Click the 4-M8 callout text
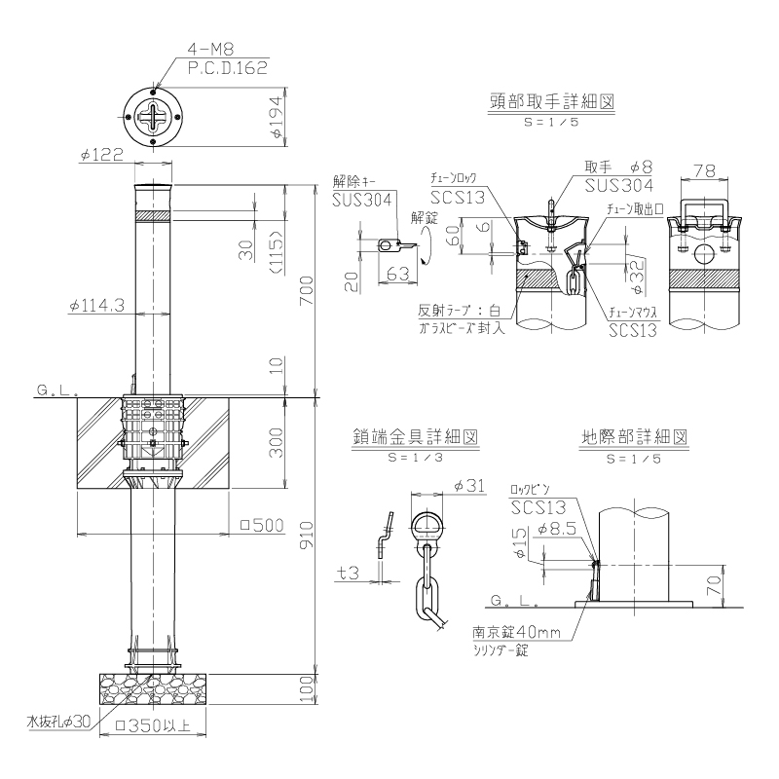click(x=210, y=49)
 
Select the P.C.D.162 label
click(x=228, y=67)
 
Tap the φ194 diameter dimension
click(x=276, y=117)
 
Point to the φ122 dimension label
click(x=102, y=155)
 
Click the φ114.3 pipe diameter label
click(x=96, y=306)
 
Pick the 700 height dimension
click(x=307, y=290)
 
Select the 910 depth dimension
click(x=307, y=535)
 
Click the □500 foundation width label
click(x=262, y=525)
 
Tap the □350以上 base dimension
click(x=153, y=725)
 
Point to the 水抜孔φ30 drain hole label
click(x=58, y=722)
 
